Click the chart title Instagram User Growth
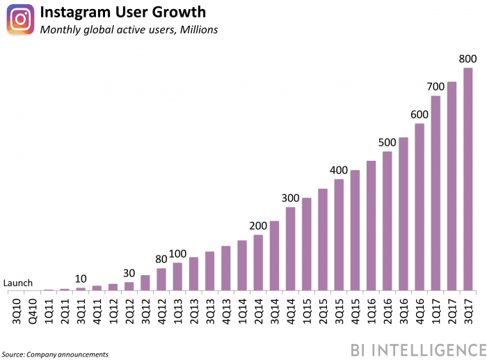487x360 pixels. [x=122, y=13]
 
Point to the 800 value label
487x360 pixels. [x=468, y=60]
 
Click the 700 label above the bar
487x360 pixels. [x=436, y=87]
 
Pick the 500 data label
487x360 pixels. [x=387, y=143]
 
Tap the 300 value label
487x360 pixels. [x=290, y=198]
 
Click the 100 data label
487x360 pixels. [x=177, y=253]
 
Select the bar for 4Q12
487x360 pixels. [x=161, y=279]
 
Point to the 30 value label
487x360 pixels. [x=129, y=273]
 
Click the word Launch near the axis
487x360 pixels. [x=17, y=283]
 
